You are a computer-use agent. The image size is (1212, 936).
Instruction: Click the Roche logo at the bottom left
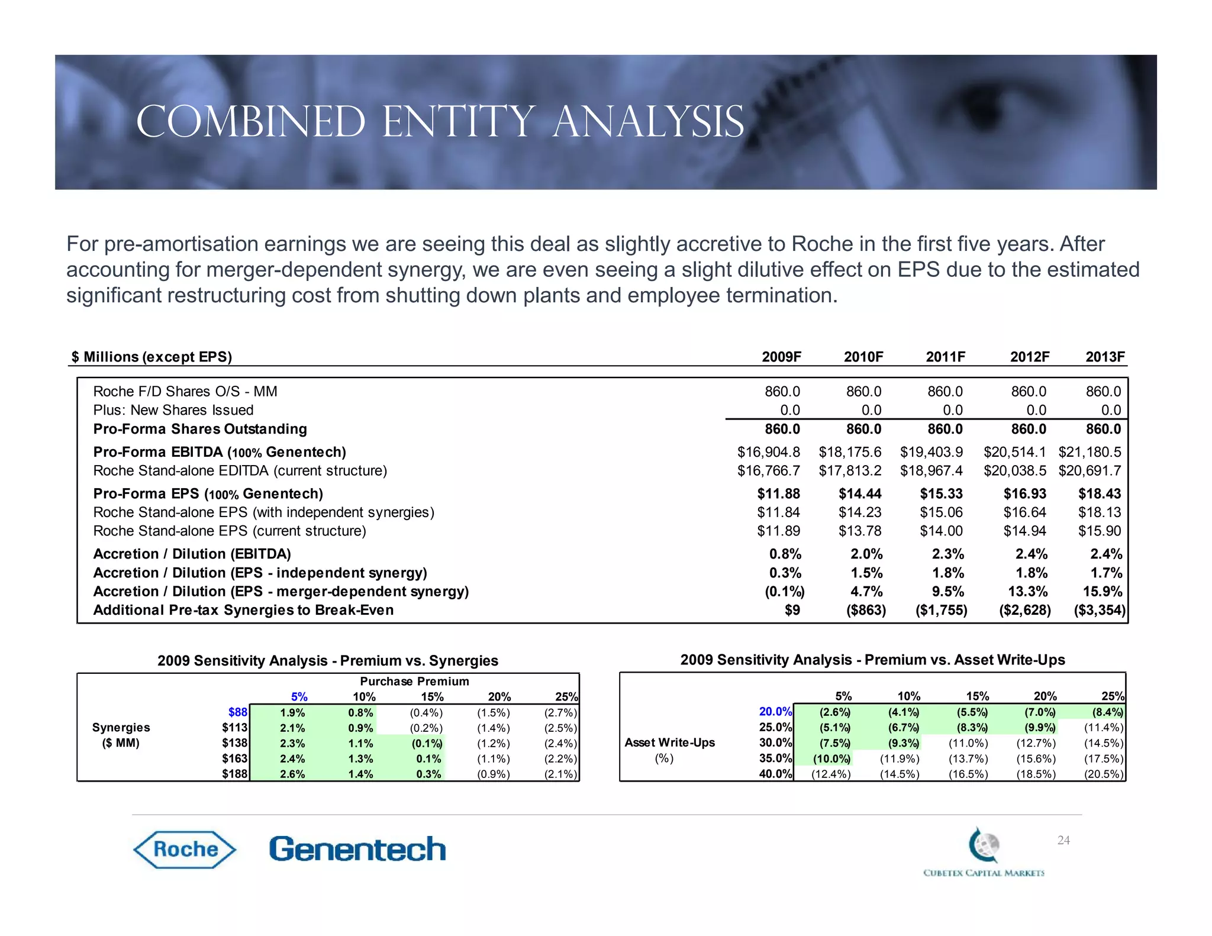pos(185,850)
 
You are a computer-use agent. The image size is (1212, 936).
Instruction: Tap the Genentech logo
pos(357,850)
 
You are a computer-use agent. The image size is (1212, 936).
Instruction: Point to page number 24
pos(1063,840)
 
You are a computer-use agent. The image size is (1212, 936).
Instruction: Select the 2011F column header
pos(945,357)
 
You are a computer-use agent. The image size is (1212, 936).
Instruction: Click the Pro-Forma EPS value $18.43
pos(1099,493)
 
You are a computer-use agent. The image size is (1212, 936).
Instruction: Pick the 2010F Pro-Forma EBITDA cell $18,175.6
pos(850,452)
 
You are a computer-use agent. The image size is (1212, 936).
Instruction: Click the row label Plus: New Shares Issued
pos(173,410)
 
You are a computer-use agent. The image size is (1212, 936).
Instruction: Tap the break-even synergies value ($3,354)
pos(1099,610)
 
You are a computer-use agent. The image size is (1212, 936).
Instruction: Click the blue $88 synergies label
pos(238,712)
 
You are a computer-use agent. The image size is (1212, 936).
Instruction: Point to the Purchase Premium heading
pos(414,681)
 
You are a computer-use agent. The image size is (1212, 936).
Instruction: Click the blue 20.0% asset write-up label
pos(775,712)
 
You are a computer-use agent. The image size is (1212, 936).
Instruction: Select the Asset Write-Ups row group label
pos(670,743)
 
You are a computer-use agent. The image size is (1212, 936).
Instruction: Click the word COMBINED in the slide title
pos(251,122)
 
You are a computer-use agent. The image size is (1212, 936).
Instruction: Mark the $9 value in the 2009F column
pos(792,610)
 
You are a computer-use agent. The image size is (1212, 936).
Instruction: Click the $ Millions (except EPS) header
pos(152,357)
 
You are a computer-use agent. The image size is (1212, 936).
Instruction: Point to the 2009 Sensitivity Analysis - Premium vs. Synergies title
pos(328,660)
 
